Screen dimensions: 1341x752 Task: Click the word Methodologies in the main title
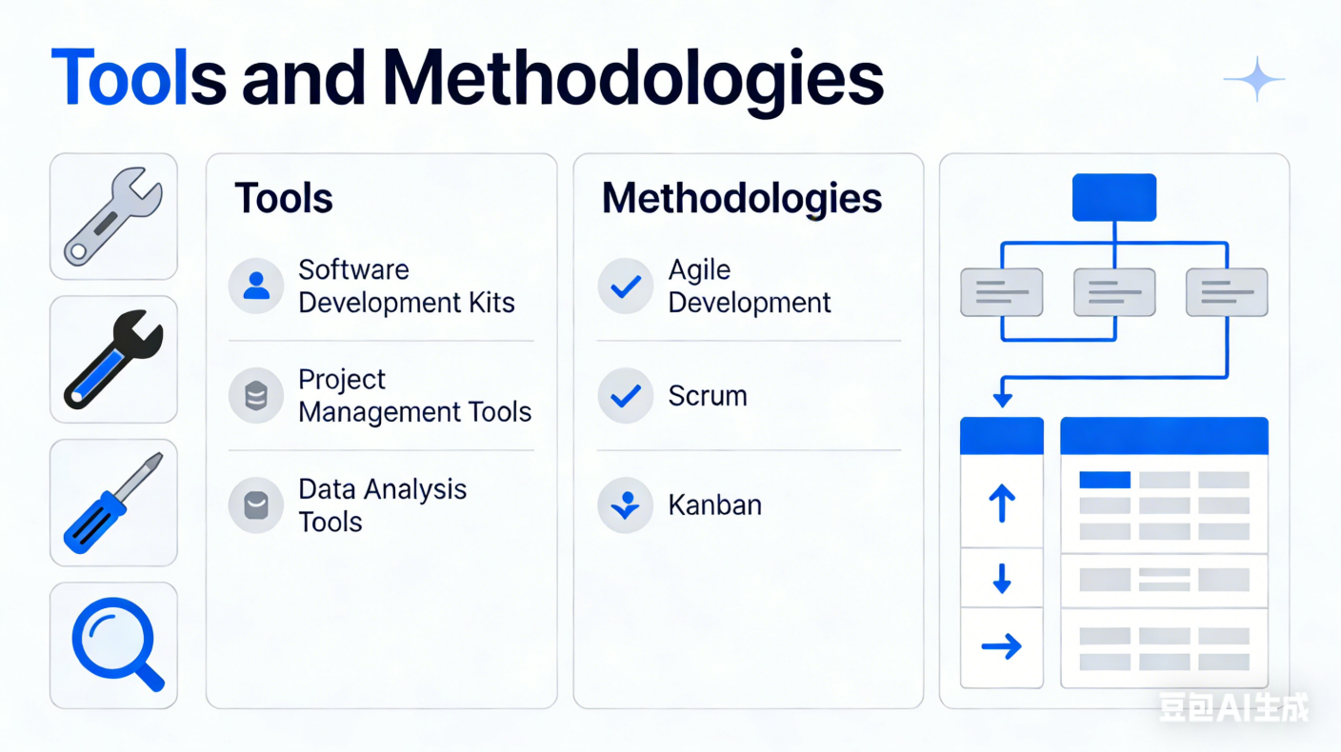pyautogui.click(x=632, y=81)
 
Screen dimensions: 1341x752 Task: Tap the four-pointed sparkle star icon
pyautogui.click(x=1254, y=79)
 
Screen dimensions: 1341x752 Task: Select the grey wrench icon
pyautogui.click(x=113, y=216)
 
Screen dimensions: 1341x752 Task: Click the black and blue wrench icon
pyautogui.click(x=113, y=359)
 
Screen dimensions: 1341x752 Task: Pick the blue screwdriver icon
pyautogui.click(x=113, y=503)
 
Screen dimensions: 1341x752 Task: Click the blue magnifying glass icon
pyautogui.click(x=117, y=643)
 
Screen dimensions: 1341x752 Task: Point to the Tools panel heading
pyautogui.click(x=284, y=198)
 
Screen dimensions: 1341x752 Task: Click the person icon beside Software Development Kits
pyautogui.click(x=256, y=286)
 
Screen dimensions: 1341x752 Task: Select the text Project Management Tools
pyautogui.click(x=415, y=395)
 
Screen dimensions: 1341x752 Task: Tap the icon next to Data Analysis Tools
pyautogui.click(x=256, y=505)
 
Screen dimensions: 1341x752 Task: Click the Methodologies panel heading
pyautogui.click(x=742, y=198)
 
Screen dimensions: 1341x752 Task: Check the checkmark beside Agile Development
pyautogui.click(x=626, y=286)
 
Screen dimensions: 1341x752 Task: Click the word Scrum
pyautogui.click(x=708, y=396)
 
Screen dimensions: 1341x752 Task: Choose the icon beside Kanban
pyautogui.click(x=626, y=505)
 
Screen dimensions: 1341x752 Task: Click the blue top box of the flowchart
pyautogui.click(x=1114, y=197)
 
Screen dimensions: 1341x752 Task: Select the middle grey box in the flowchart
pyautogui.click(x=1114, y=292)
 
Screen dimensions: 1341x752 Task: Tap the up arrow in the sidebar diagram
pyautogui.click(x=1002, y=503)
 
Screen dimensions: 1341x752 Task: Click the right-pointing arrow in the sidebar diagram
pyautogui.click(x=1002, y=646)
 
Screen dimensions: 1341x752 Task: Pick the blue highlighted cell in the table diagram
pyautogui.click(x=1105, y=480)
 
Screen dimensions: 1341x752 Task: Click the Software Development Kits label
pyautogui.click(x=407, y=286)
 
